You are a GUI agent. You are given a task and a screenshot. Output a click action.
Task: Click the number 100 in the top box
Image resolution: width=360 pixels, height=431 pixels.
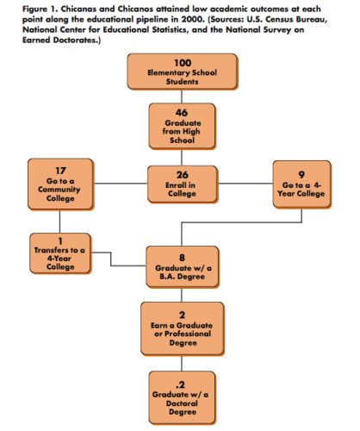pyautogui.click(x=183, y=63)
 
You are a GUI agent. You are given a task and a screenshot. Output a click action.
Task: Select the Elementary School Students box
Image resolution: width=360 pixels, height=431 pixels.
pyautogui.click(x=183, y=72)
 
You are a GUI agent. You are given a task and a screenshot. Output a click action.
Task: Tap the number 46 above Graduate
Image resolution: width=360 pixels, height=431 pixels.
pyautogui.click(x=182, y=112)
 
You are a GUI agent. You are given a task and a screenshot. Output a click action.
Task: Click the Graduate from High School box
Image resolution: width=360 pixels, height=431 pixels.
pyautogui.click(x=182, y=127)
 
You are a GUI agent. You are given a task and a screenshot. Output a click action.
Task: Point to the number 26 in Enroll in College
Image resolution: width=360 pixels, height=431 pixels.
pyautogui.click(x=183, y=175)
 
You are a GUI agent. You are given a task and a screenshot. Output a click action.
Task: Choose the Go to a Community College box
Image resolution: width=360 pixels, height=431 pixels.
pyautogui.click(x=60, y=184)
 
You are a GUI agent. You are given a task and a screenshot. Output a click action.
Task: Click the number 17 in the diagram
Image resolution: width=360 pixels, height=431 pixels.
pyautogui.click(x=60, y=171)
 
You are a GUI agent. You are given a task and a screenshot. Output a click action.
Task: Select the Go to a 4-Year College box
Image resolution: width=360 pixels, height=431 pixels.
pyautogui.click(x=301, y=184)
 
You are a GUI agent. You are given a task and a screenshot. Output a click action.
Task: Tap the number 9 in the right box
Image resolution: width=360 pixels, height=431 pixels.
pyautogui.click(x=301, y=175)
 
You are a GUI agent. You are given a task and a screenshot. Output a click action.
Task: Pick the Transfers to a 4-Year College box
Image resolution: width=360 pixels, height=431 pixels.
pyautogui.click(x=60, y=253)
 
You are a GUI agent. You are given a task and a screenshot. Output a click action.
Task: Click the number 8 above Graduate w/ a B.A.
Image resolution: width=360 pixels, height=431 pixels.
pyautogui.click(x=182, y=258)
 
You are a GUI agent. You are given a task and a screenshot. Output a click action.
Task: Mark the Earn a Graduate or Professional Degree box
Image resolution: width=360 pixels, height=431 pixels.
pyautogui.click(x=183, y=328)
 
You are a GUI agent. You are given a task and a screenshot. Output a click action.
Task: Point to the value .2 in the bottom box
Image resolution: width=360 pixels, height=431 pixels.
pyautogui.click(x=180, y=384)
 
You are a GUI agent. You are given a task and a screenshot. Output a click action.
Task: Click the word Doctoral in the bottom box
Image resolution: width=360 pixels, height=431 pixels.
pyautogui.click(x=182, y=403)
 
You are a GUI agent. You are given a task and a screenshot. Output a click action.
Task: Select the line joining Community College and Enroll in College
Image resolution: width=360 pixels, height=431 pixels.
pyautogui.click(x=121, y=184)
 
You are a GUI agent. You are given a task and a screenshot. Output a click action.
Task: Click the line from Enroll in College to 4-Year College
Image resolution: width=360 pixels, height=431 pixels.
pyautogui.click(x=245, y=184)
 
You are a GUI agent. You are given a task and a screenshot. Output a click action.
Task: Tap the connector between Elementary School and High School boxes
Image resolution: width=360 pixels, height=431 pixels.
pyautogui.click(x=182, y=97)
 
